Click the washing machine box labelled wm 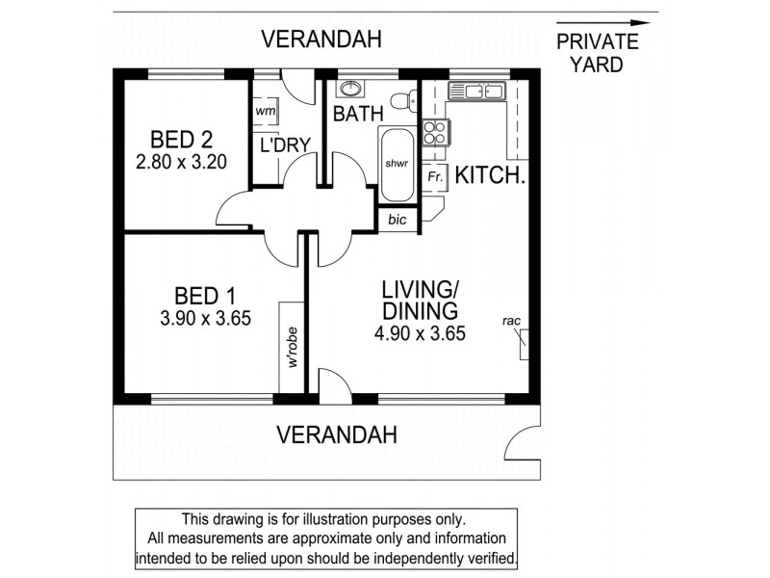tap(266, 112)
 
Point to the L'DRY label tap(286, 145)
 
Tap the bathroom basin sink tap(351, 90)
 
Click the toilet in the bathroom tap(410, 98)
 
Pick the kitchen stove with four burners tap(435, 133)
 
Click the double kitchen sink tap(475, 92)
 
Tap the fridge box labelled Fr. tap(435, 177)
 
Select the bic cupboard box tap(398, 220)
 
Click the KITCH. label tap(490, 176)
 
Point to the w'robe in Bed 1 tap(290, 348)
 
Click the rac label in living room tap(512, 321)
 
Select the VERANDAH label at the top tap(322, 39)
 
